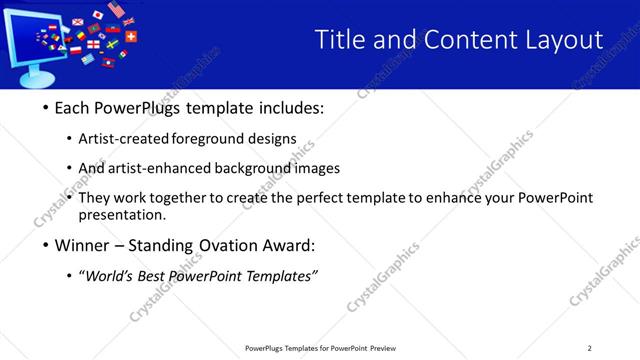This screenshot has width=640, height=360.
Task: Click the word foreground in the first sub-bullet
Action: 207,139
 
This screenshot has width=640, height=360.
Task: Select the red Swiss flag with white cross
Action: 131,37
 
